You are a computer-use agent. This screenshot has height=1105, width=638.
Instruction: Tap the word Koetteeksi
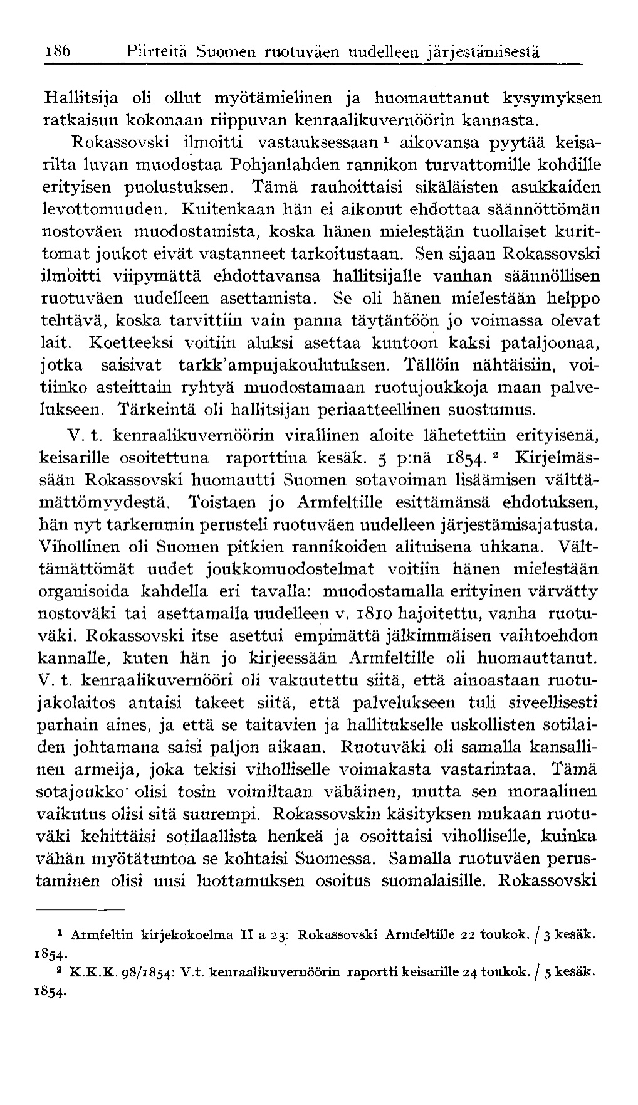[x=132, y=342]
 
